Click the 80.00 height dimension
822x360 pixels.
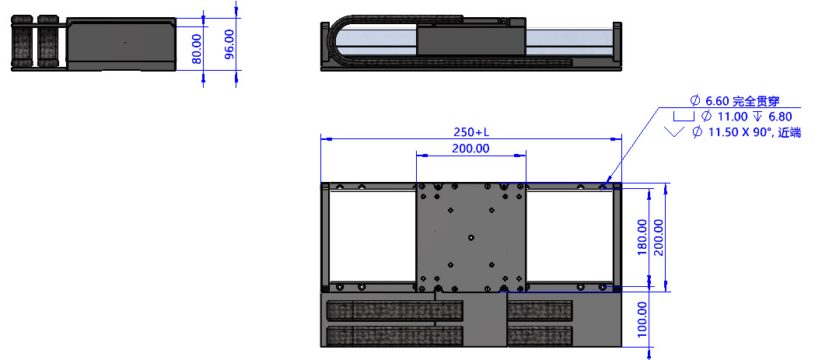pyautogui.click(x=197, y=49)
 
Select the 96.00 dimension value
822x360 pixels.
pyautogui.click(x=229, y=44)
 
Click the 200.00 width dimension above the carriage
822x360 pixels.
pyautogui.click(x=470, y=149)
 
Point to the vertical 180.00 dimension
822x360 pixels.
pyautogui.click(x=642, y=237)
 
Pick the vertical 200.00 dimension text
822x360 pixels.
pyautogui.click(x=659, y=237)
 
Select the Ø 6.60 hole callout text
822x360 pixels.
pyautogui.click(x=736, y=101)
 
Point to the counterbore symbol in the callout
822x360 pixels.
pyautogui.click(x=684, y=116)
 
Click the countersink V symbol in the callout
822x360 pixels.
pyautogui.click(x=674, y=131)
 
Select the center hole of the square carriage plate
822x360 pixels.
pyautogui.click(x=470, y=237)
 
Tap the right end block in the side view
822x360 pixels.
pyautogui.click(x=617, y=46)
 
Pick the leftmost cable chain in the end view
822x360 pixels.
pyautogui.click(x=22, y=43)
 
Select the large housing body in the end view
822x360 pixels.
pyautogui.click(x=121, y=44)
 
